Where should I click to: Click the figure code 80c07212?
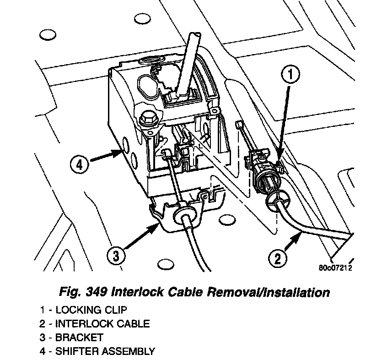[335, 268]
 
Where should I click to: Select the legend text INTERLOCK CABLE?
[102, 323]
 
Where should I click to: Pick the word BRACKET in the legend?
[79, 338]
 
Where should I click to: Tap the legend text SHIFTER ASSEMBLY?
[105, 352]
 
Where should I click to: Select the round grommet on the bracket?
[186, 212]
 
